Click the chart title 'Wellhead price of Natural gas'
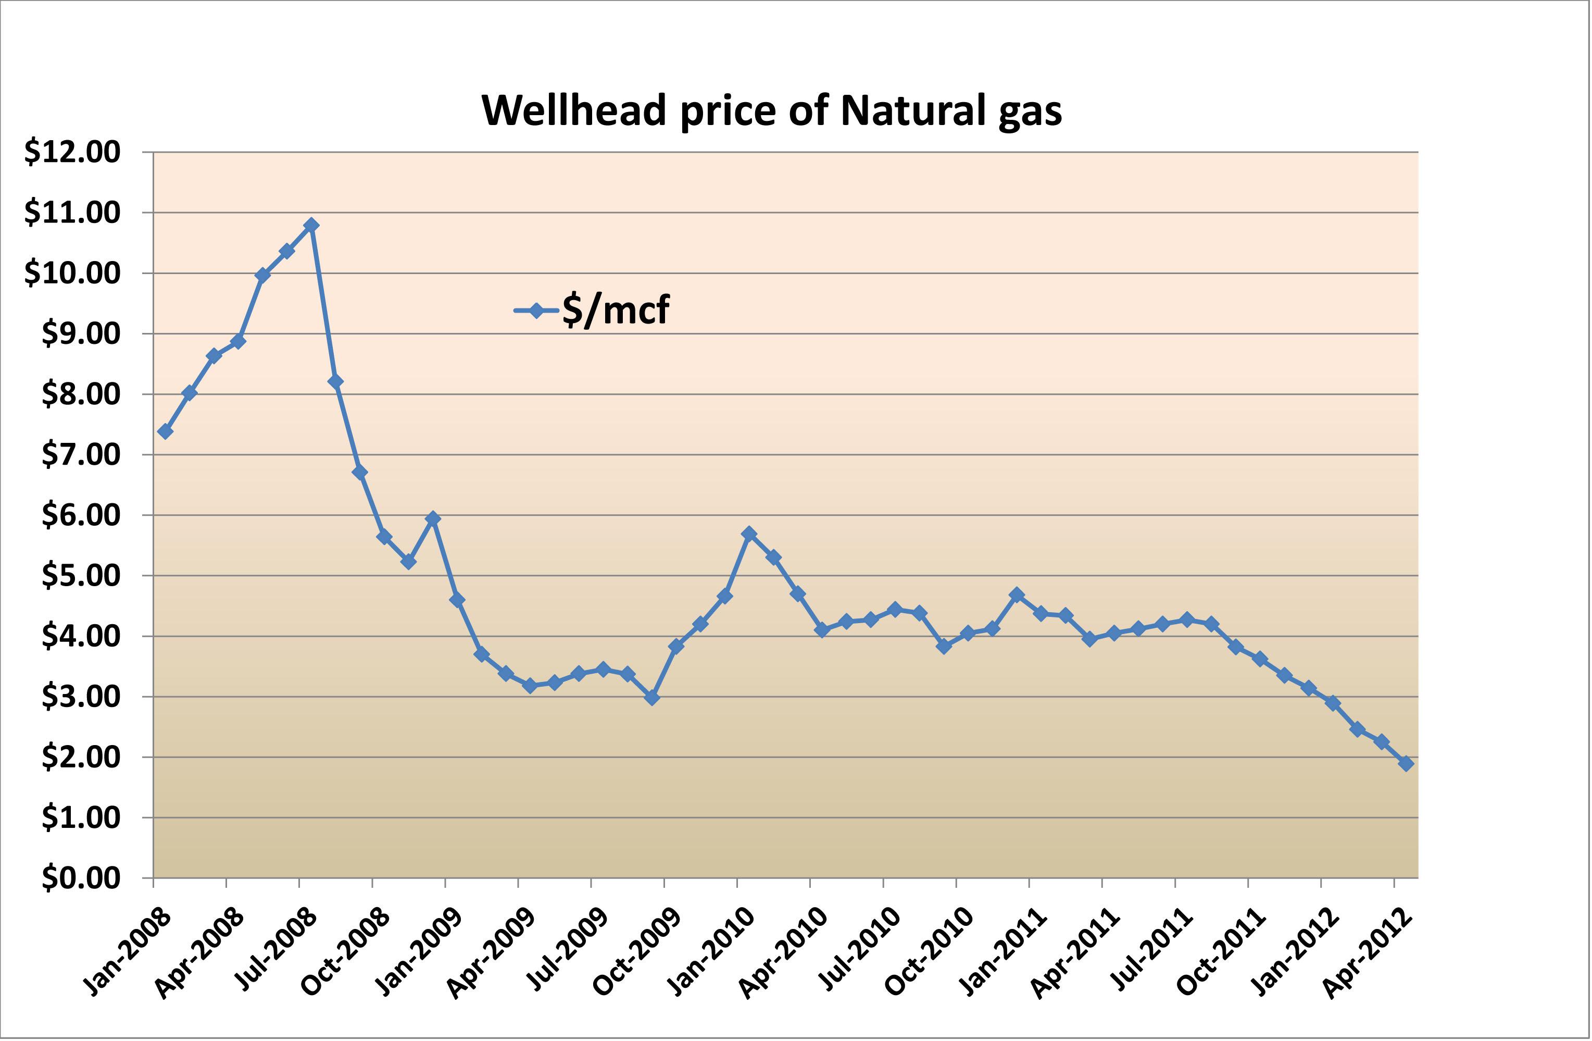click(771, 110)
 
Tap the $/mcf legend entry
click(592, 310)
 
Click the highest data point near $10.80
click(311, 226)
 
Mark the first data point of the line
click(165, 431)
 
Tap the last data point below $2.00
click(1406, 763)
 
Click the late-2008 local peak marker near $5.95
click(433, 518)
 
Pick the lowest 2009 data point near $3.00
click(652, 698)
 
